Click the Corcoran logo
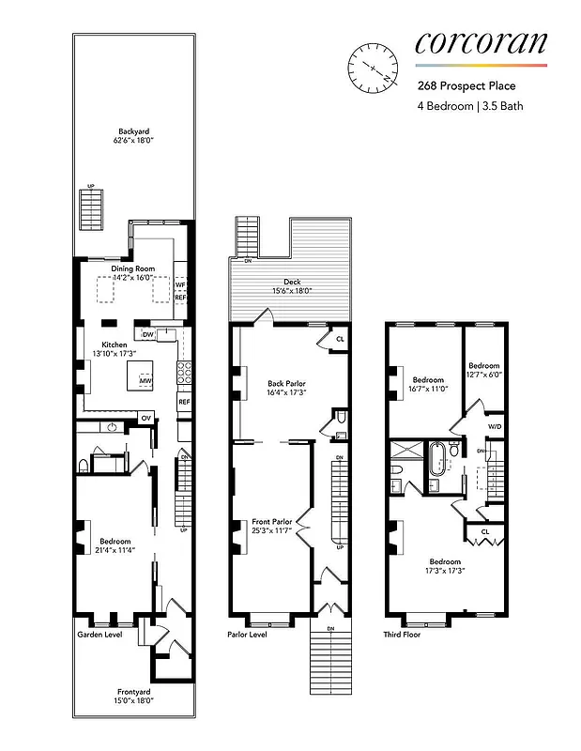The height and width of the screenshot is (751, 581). coord(481,43)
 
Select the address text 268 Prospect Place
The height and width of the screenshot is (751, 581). coord(466,87)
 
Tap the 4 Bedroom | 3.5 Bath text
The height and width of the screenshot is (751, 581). coord(470,106)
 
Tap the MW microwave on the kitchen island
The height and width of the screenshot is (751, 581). coord(145,380)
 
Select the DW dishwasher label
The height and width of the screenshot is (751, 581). coord(147,334)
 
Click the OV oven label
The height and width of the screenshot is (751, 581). coord(145,417)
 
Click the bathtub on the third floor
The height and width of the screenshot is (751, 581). coord(438,461)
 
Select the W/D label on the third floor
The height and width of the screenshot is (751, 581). coord(494,427)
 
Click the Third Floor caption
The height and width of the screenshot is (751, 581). coord(403,635)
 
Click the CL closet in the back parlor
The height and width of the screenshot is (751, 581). coord(340,338)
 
